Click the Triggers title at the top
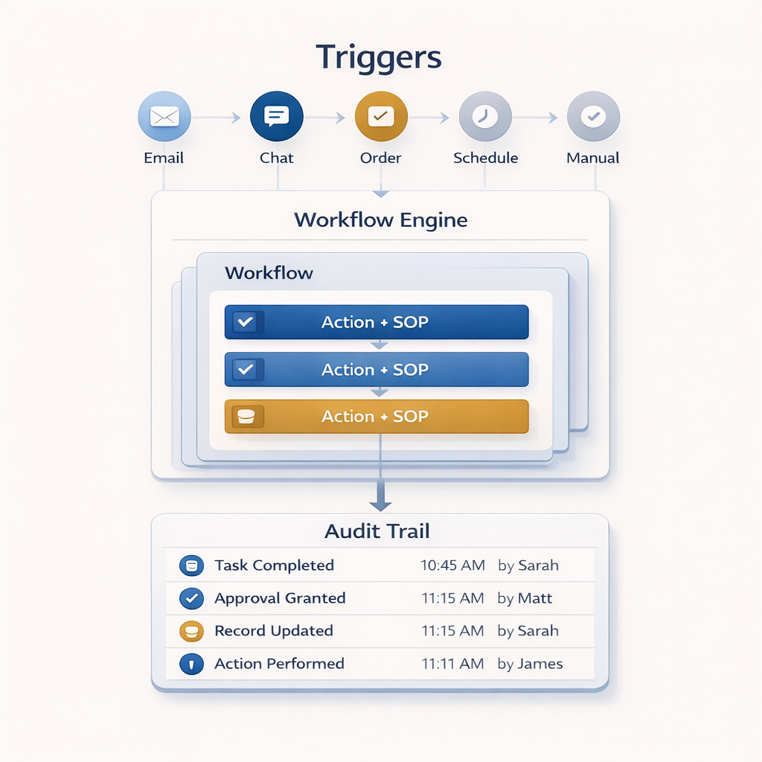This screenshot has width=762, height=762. click(379, 58)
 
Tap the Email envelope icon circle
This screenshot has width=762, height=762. click(164, 117)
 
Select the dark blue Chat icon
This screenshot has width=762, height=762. click(277, 117)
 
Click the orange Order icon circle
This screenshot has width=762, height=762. click(381, 117)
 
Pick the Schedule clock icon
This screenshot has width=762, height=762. click(485, 117)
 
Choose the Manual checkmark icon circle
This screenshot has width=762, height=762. click(593, 117)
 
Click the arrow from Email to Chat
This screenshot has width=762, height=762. click(218, 118)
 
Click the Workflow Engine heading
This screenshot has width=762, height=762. click(380, 220)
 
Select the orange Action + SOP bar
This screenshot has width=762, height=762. click(377, 417)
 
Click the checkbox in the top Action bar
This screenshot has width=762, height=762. click(244, 322)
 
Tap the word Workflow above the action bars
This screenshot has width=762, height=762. click(269, 273)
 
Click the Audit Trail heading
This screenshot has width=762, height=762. click(377, 531)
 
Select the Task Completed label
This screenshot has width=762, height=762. click(274, 566)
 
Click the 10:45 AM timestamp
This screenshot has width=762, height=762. click(452, 566)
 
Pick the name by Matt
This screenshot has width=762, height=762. click(525, 598)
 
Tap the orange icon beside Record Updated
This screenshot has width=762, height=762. click(191, 631)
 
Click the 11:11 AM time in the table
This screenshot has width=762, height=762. click(452, 664)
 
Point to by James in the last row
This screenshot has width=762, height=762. click(530, 664)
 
